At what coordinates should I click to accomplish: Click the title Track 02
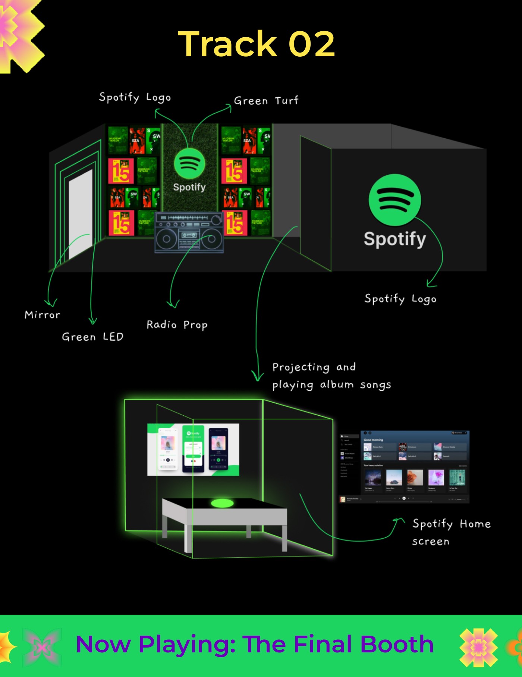(257, 44)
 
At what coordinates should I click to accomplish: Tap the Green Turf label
(266, 101)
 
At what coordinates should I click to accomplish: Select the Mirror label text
(42, 315)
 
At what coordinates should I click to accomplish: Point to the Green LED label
(92, 337)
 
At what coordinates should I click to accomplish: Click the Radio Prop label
(177, 325)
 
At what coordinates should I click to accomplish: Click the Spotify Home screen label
(451, 532)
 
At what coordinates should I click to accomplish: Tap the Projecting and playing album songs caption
(331, 376)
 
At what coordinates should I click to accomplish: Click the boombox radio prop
(189, 233)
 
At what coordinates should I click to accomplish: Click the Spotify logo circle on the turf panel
(189, 164)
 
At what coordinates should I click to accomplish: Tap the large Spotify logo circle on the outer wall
(395, 200)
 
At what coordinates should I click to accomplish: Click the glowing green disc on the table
(222, 504)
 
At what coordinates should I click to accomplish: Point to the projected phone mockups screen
(193, 450)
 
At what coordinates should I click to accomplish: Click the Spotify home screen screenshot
(404, 467)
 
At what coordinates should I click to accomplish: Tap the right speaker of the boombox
(211, 239)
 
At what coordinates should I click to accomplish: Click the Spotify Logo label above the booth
(135, 97)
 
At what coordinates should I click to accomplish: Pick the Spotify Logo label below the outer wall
(400, 299)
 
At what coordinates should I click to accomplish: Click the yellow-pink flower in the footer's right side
(478, 647)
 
